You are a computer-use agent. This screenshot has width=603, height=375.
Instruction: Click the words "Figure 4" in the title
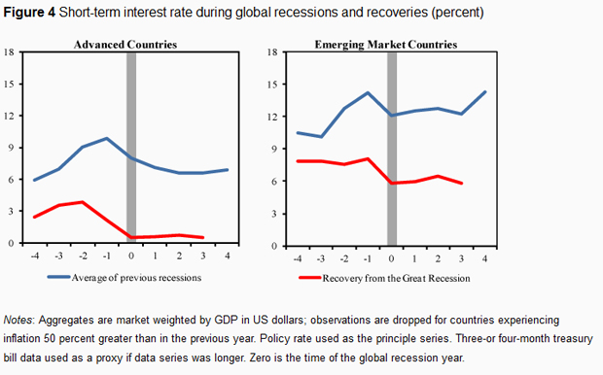(29, 13)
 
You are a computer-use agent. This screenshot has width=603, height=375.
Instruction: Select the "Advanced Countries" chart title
(125, 45)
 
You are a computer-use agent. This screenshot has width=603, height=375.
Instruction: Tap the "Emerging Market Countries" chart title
(386, 45)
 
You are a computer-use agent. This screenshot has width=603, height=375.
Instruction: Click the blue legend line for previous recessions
(58, 277)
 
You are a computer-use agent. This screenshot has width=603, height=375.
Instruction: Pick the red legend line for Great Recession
(310, 278)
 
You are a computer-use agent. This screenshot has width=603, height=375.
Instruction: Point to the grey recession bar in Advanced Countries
(131, 147)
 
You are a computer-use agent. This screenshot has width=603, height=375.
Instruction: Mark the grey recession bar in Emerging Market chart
(392, 149)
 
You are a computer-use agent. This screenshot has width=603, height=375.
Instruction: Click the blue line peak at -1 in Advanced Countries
(107, 138)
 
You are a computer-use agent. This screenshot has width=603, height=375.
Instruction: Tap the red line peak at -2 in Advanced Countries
(83, 202)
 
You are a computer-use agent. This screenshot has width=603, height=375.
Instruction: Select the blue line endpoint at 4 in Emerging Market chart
(485, 92)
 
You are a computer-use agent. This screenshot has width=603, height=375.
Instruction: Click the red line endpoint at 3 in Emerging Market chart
(461, 184)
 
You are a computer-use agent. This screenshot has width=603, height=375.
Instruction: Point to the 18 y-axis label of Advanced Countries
(9, 51)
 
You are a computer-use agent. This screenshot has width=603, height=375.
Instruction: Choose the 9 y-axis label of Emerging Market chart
(274, 149)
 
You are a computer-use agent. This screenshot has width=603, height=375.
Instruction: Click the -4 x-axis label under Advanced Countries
(35, 256)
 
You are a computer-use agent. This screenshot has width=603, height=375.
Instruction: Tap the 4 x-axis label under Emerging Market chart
(484, 258)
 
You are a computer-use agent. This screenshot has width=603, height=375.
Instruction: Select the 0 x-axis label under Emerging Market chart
(391, 258)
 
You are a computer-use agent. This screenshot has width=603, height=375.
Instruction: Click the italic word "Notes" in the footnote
(18, 320)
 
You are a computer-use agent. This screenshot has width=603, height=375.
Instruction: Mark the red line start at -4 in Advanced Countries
(35, 217)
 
